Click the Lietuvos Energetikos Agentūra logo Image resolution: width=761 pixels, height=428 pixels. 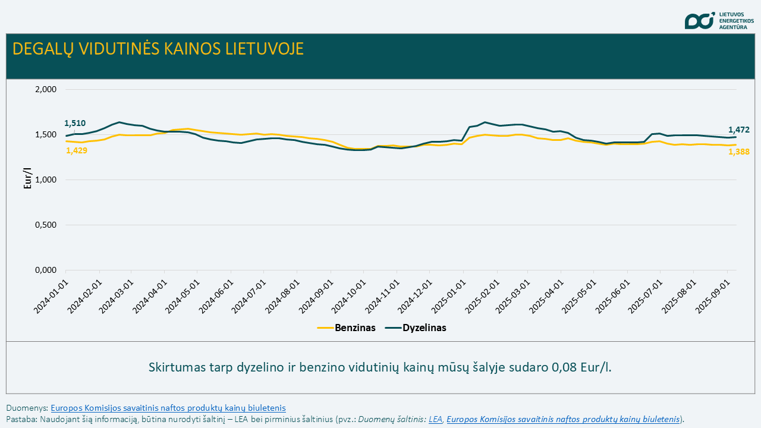718,20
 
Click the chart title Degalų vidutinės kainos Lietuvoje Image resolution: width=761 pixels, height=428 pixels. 158,49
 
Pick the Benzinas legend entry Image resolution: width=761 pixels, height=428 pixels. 347,328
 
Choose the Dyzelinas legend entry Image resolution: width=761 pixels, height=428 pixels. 416,328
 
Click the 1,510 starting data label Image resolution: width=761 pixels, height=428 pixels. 75,124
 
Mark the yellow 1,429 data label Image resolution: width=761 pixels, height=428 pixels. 77,150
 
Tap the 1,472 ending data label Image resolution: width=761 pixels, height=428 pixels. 739,130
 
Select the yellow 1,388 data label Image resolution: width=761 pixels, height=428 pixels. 739,152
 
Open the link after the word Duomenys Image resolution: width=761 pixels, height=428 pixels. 168,408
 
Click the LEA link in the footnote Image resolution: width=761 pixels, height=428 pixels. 435,419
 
